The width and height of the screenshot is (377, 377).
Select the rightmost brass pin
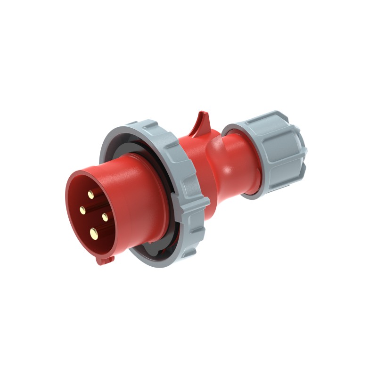(104, 216)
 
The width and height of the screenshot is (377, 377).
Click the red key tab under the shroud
(105, 259)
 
